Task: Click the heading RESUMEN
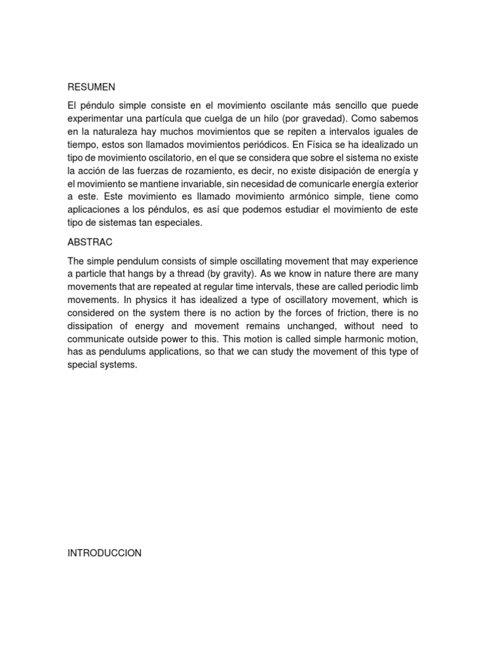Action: click(x=91, y=87)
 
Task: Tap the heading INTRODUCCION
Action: click(x=104, y=553)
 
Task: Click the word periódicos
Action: click(x=260, y=146)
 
